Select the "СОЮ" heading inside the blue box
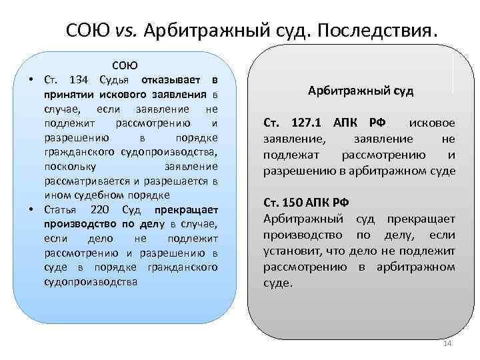pyautogui.click(x=125, y=65)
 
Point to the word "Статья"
pyautogui.click(x=61, y=209)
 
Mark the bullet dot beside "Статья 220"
pyautogui.click(x=31, y=209)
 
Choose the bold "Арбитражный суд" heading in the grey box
pyautogui.click(x=361, y=91)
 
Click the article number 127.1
pyautogui.click(x=306, y=123)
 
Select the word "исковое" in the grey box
pyautogui.click(x=432, y=123)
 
